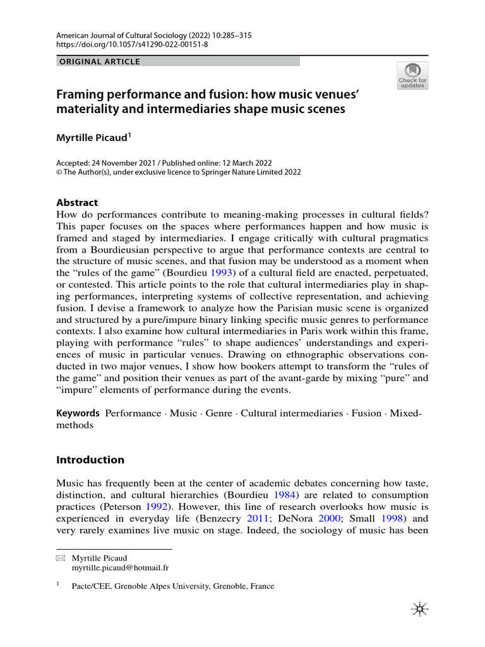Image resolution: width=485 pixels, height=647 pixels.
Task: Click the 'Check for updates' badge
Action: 412,75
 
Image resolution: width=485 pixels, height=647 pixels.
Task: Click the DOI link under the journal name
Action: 131,46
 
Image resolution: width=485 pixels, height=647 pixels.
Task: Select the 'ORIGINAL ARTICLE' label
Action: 99,62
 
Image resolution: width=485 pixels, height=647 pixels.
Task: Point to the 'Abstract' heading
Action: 77,203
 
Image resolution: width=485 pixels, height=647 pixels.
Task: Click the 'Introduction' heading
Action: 90,459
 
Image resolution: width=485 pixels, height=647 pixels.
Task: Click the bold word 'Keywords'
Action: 78,413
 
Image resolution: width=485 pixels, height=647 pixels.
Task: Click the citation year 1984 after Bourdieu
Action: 294,495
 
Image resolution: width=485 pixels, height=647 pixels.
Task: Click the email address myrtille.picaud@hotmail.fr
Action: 120,569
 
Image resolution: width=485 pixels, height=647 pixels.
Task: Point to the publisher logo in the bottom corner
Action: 419,608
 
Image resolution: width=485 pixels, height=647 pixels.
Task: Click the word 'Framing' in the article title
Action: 83,95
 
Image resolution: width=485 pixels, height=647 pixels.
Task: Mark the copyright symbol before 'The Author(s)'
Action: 60,172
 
